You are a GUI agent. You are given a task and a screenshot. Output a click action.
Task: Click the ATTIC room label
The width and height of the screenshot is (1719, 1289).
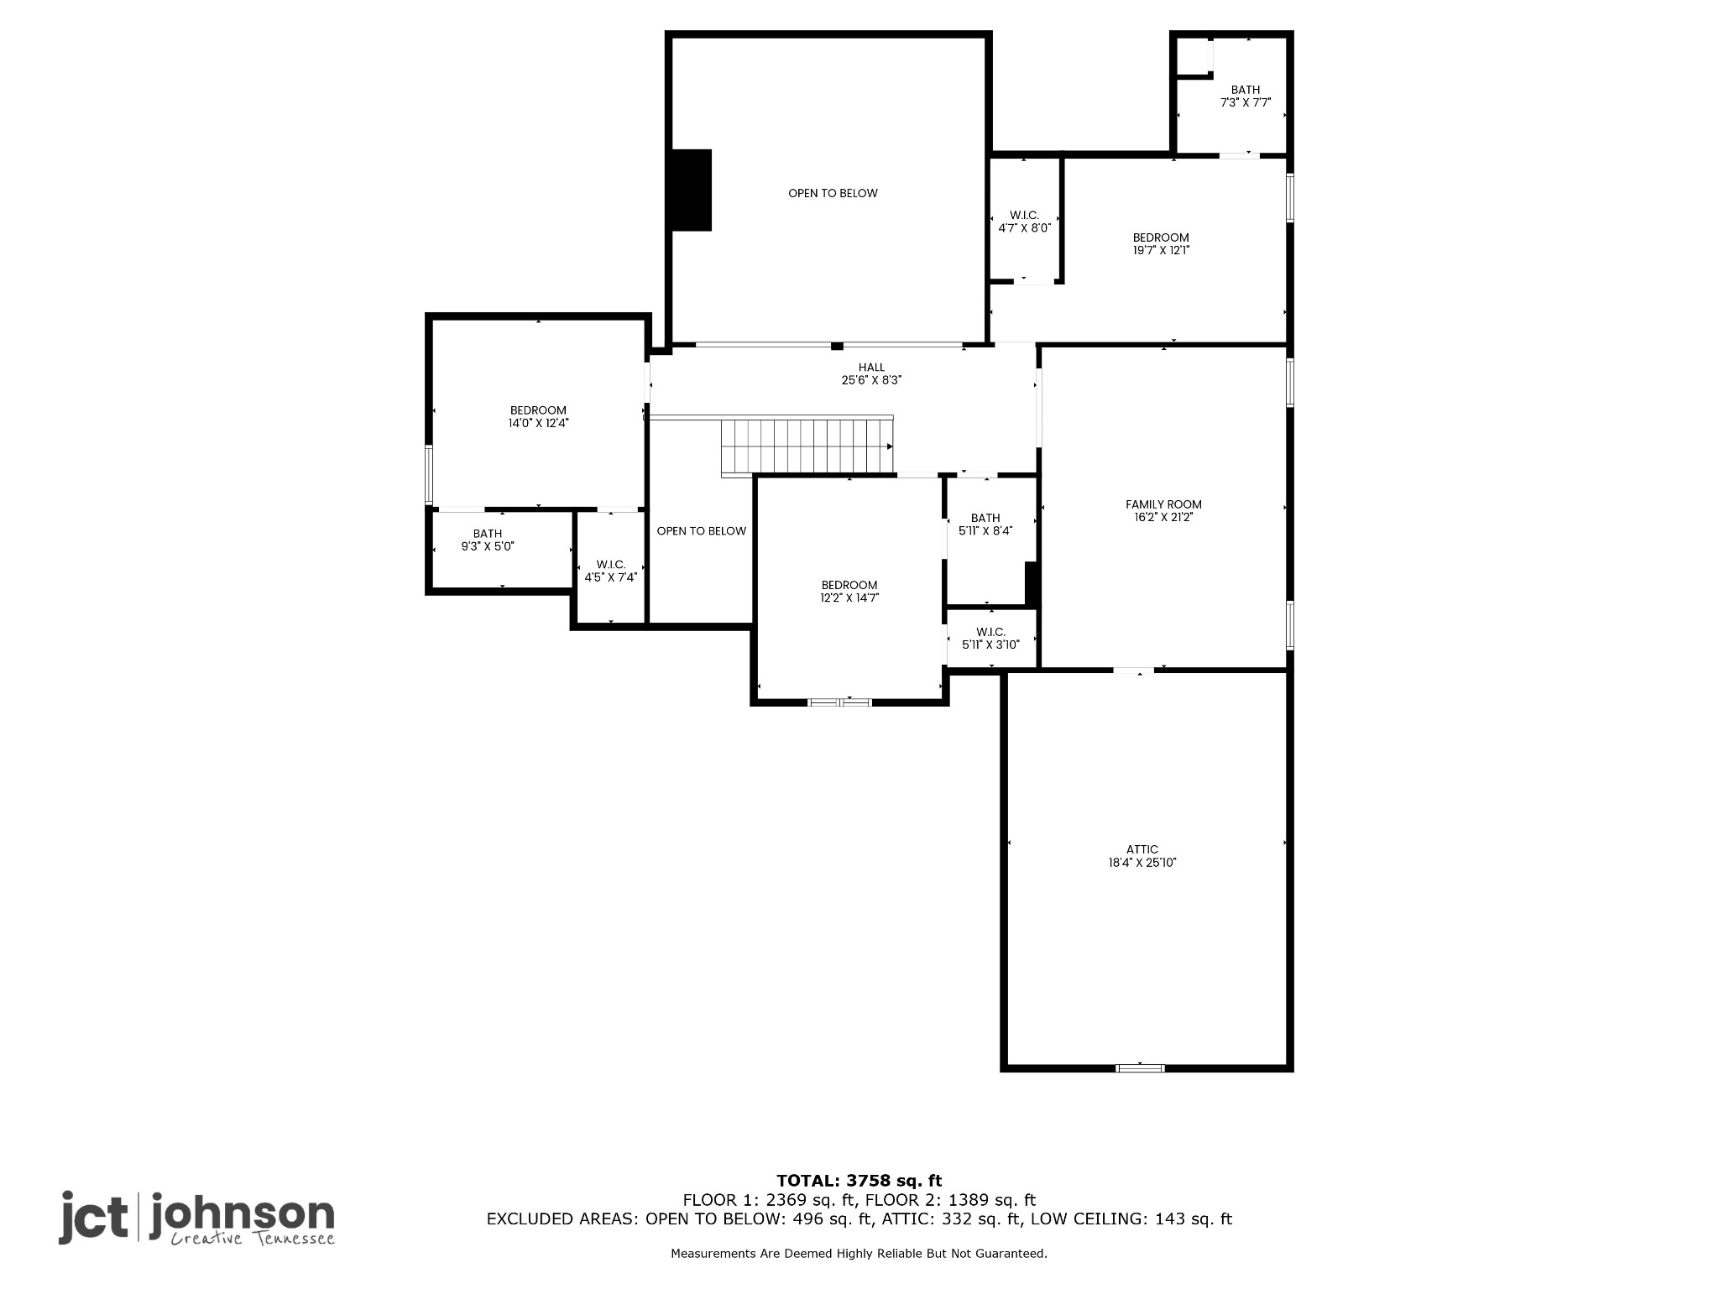(1142, 849)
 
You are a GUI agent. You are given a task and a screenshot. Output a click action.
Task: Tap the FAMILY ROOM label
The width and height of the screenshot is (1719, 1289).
(1163, 504)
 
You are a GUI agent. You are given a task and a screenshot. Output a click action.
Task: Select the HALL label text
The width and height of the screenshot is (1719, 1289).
(871, 367)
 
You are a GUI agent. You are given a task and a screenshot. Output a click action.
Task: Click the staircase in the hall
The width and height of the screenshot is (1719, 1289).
(806, 446)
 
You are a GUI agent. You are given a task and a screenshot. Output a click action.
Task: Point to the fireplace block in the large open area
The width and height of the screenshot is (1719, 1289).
(691, 190)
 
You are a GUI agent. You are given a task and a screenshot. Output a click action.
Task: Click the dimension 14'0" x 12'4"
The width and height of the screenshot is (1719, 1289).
(538, 424)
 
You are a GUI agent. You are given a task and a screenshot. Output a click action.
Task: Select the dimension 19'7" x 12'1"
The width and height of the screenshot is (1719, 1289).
(1161, 250)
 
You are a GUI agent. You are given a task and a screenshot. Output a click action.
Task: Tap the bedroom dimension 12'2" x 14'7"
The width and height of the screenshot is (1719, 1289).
(849, 598)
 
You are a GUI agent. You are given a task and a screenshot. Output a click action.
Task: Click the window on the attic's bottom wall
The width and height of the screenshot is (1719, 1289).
(1140, 1067)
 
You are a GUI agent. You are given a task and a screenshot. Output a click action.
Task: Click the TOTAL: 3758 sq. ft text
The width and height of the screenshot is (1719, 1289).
(859, 1181)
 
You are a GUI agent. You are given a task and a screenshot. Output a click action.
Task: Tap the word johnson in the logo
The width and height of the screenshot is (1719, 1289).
(242, 1214)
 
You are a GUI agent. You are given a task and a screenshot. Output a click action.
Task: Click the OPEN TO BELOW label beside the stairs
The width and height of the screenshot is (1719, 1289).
(701, 531)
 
